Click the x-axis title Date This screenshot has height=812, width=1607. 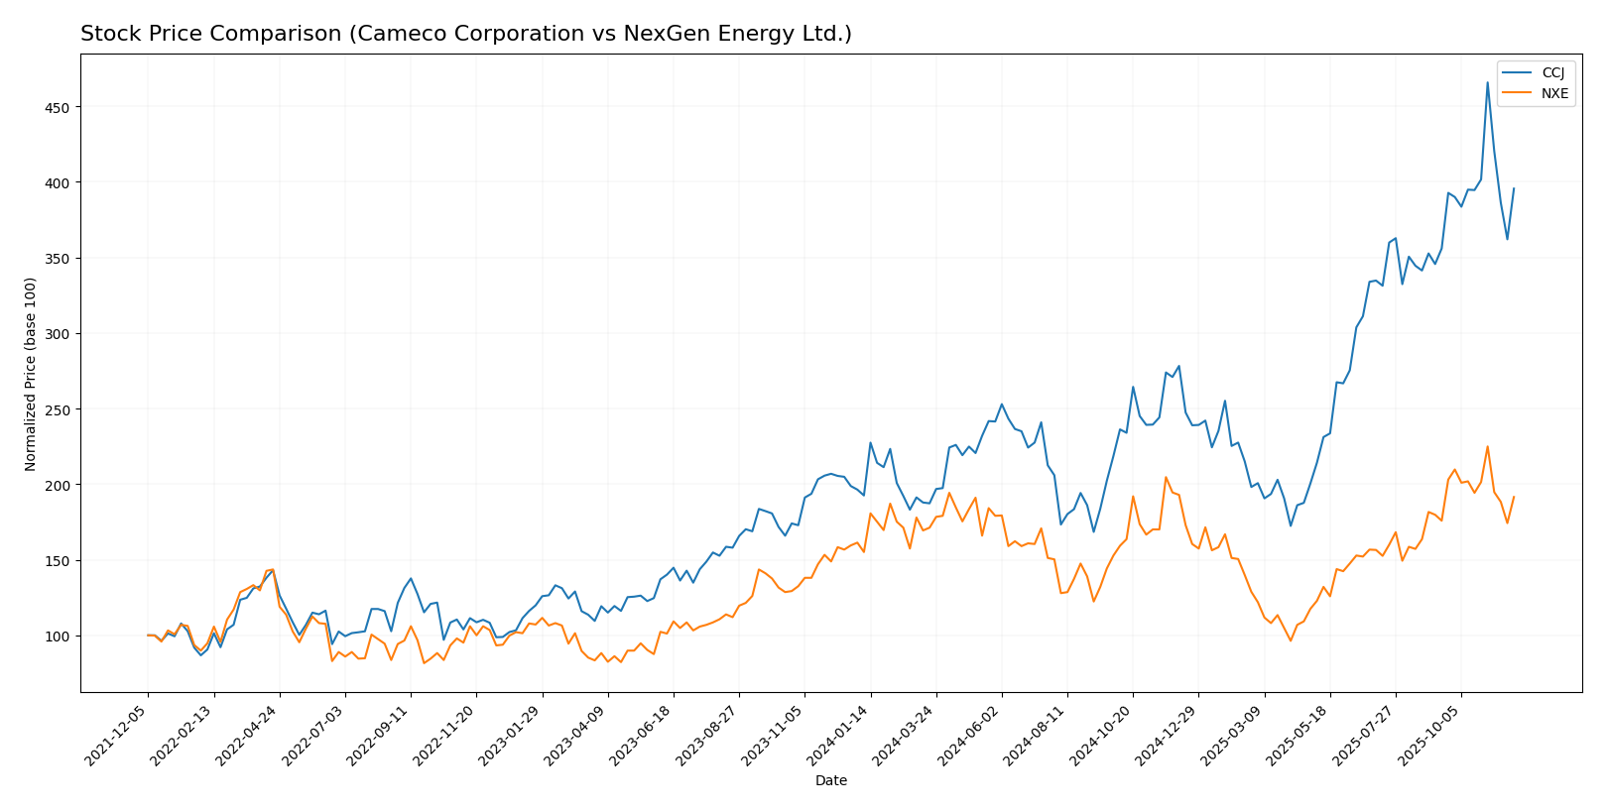(x=830, y=781)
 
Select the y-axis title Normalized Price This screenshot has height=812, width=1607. (x=31, y=374)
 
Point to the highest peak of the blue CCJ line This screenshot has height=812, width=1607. (x=1487, y=82)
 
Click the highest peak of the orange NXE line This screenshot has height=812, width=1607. (x=1487, y=446)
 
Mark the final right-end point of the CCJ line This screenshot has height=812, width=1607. (x=1514, y=188)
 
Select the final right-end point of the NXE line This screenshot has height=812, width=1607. (x=1514, y=497)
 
